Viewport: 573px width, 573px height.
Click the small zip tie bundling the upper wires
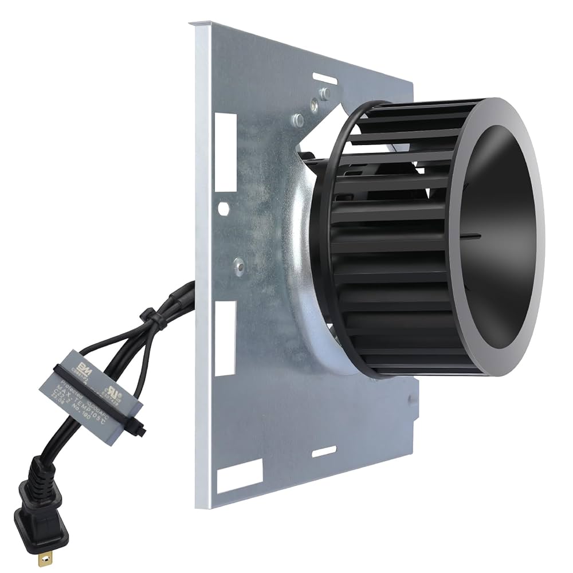(x=150, y=316)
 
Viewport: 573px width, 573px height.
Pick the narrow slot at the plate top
(x=325, y=79)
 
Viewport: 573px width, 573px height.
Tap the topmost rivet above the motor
(x=324, y=93)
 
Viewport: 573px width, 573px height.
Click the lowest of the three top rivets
(x=297, y=120)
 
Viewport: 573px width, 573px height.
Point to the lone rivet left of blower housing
(x=239, y=266)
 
